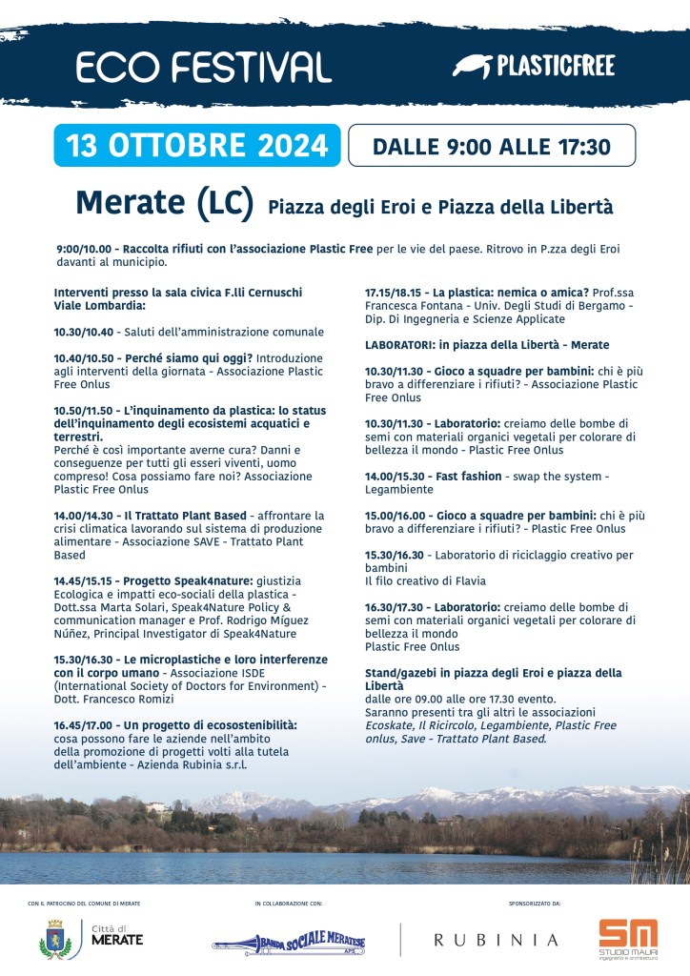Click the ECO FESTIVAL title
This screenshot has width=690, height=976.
click(203, 66)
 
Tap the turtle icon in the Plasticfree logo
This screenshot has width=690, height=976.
click(471, 66)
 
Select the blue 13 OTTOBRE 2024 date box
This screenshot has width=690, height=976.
click(197, 146)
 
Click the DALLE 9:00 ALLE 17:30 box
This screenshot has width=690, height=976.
click(491, 147)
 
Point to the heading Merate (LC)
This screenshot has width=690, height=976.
click(164, 202)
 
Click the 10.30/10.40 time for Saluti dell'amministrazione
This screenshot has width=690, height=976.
click(84, 333)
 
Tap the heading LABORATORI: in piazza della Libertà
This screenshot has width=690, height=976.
click(487, 345)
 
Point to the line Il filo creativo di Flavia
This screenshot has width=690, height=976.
click(425, 580)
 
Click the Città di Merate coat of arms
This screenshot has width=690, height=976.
click(53, 939)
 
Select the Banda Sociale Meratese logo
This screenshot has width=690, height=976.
click(289, 941)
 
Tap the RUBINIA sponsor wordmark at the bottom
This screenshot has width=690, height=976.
click(497, 940)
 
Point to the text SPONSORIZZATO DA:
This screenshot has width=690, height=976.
click(537, 902)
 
